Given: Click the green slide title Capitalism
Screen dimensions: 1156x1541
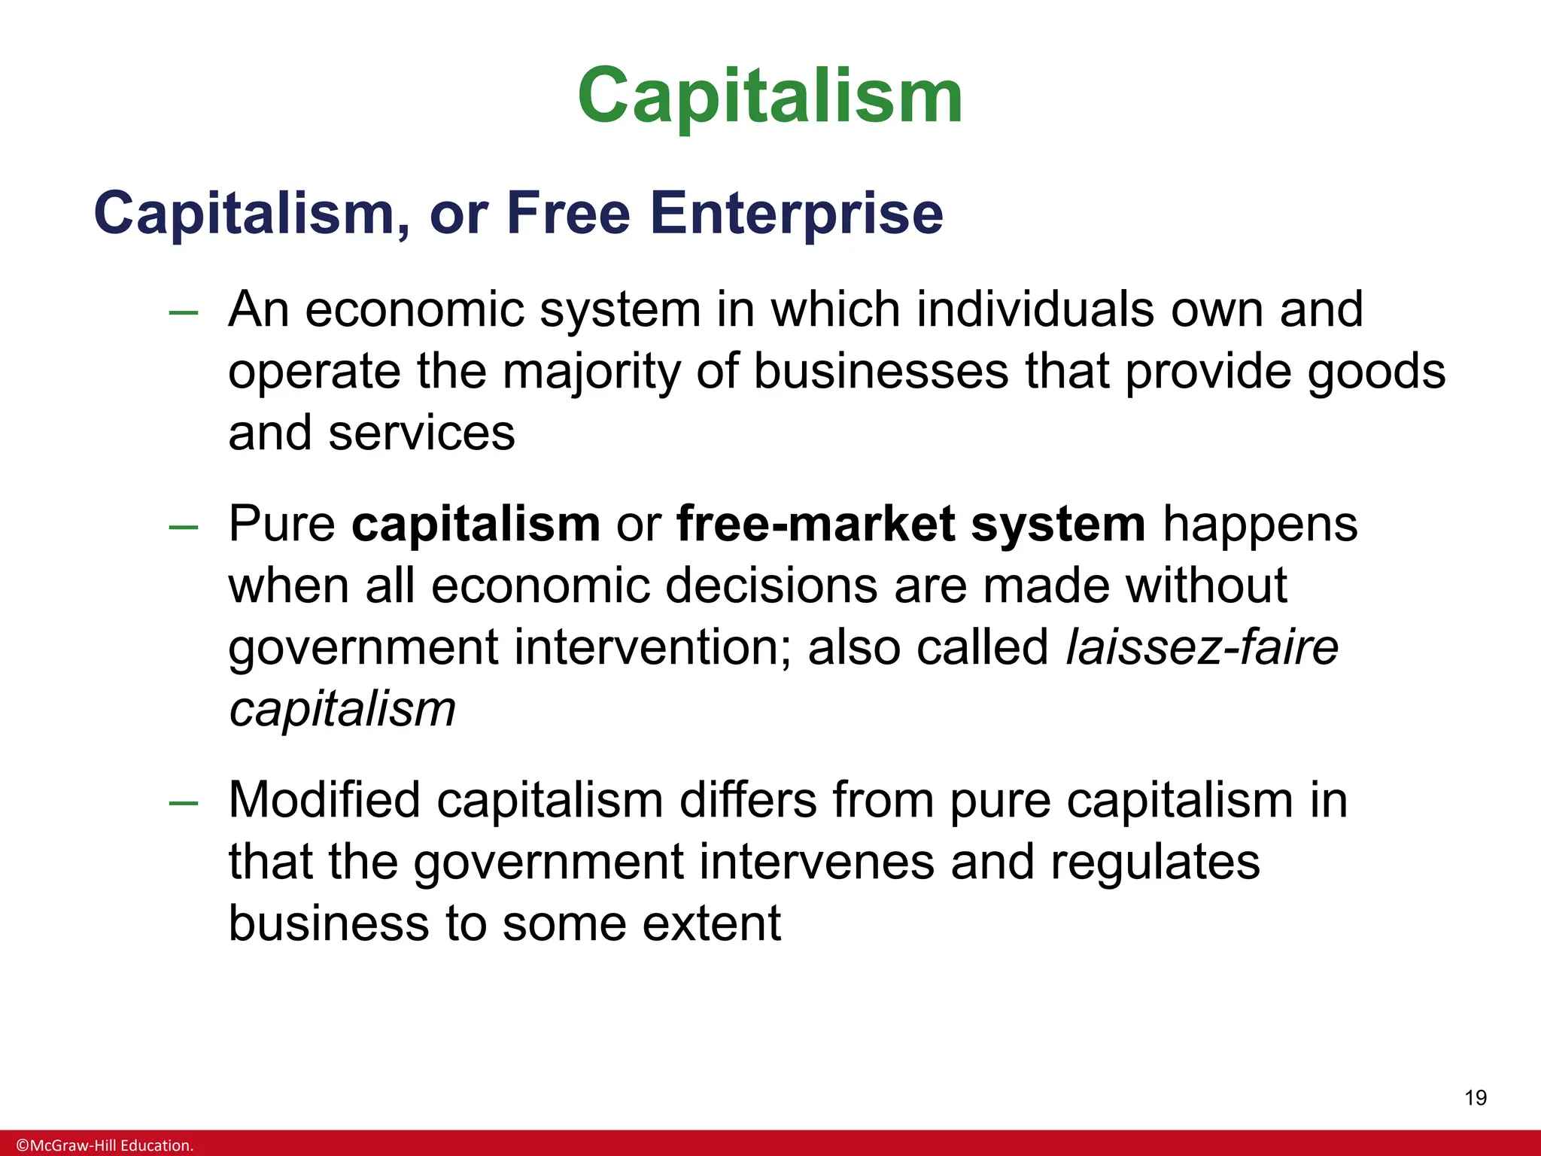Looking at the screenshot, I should coord(770,96).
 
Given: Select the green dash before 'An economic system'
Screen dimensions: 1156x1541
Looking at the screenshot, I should coord(184,312).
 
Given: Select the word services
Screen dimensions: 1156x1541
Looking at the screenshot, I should coord(421,433).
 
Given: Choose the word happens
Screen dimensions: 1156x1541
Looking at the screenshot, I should coord(1260,525).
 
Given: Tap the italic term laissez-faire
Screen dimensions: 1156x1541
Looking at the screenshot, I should coord(1202,647).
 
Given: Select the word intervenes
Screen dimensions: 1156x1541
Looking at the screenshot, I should coord(816,862).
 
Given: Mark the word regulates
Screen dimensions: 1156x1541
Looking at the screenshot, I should coord(1155,863).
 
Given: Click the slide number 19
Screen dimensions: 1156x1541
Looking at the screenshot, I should coord(1476,1098).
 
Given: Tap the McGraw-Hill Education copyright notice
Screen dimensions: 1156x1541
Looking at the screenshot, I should coord(105,1145).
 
